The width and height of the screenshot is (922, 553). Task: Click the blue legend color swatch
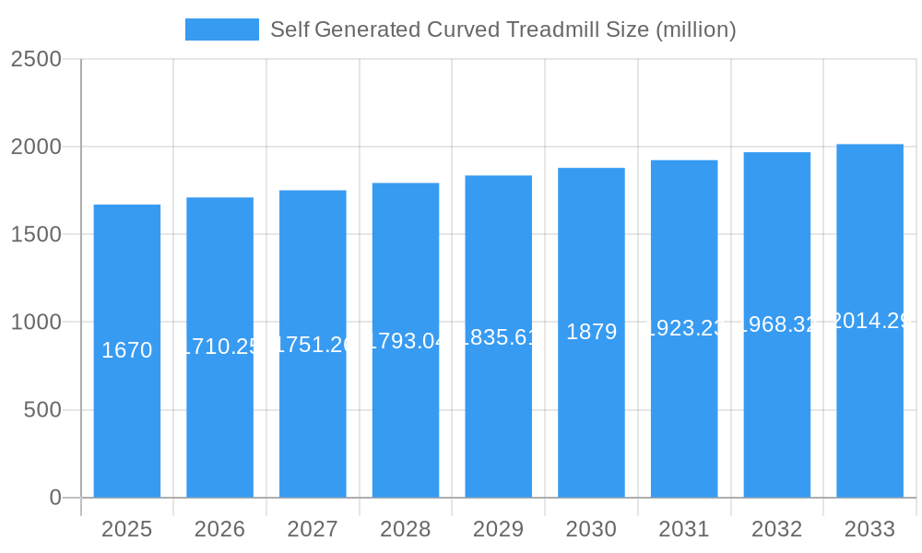click(222, 29)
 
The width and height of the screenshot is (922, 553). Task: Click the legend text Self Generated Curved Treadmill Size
click(502, 29)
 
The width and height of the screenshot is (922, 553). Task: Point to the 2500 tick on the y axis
click(36, 59)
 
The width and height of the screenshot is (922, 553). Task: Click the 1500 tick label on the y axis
click(36, 234)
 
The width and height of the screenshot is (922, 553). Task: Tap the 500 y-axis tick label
click(42, 410)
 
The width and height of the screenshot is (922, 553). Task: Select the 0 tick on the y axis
click(55, 498)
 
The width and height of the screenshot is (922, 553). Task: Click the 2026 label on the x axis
click(219, 529)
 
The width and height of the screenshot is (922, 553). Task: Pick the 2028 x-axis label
click(406, 529)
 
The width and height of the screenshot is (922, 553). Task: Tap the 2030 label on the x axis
click(591, 529)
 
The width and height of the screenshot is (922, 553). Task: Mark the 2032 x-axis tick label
click(777, 529)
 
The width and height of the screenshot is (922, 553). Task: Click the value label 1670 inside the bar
click(127, 350)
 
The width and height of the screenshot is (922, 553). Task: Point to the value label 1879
click(591, 332)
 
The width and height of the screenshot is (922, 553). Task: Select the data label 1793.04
click(406, 341)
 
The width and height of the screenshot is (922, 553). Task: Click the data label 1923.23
click(684, 328)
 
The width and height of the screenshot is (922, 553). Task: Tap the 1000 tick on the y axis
click(36, 323)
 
